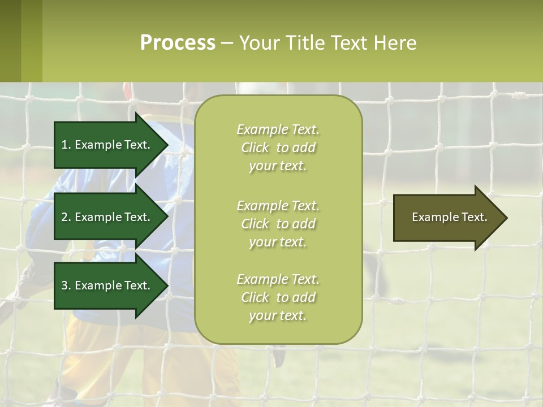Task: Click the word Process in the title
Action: tap(178, 43)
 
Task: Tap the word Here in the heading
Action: tap(394, 43)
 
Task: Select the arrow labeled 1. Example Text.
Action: tap(107, 145)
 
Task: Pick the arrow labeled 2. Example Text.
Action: tap(107, 217)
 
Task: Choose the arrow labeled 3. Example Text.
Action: tap(107, 285)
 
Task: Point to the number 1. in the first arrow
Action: tap(66, 145)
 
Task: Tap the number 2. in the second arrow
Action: tap(66, 217)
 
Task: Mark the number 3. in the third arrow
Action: tap(66, 285)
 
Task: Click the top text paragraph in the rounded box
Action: tap(278, 148)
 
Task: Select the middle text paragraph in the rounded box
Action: tap(278, 224)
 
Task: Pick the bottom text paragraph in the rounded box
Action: tap(278, 297)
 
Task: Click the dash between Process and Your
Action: tap(227, 44)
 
